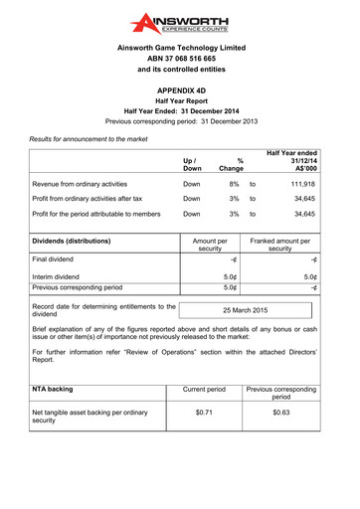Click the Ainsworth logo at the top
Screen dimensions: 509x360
click(x=179, y=23)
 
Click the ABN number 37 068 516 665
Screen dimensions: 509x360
click(x=179, y=59)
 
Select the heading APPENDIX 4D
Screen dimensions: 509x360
click(x=179, y=88)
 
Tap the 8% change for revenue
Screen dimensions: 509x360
click(x=234, y=184)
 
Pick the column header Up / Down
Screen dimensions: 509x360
click(x=192, y=164)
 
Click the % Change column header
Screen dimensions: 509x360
click(x=233, y=164)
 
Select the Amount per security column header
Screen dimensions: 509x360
click(x=209, y=245)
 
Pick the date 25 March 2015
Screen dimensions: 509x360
click(x=245, y=310)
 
